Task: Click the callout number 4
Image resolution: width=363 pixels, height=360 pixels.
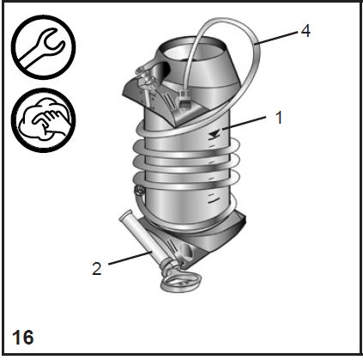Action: tap(306, 31)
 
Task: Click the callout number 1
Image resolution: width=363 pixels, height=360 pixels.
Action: tap(279, 118)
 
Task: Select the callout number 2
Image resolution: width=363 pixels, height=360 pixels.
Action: tap(97, 269)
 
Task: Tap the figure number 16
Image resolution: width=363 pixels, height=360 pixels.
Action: tap(23, 338)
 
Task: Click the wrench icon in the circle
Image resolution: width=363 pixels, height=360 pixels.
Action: tap(43, 47)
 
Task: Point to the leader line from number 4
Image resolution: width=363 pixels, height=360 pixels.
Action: tap(276, 38)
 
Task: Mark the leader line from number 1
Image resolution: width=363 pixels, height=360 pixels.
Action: tap(245, 123)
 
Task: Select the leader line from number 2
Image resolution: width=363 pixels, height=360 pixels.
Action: tap(130, 258)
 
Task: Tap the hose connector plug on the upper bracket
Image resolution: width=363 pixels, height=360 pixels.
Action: tap(182, 99)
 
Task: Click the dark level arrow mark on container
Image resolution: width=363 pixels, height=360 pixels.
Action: tap(215, 134)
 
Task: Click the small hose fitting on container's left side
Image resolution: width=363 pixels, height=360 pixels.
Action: tap(139, 190)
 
